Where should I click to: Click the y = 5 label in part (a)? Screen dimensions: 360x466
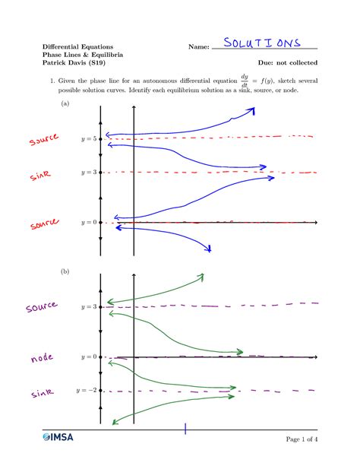pos(88,139)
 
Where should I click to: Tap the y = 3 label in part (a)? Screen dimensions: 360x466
pos(88,173)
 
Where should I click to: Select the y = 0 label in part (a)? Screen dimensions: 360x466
pos(88,223)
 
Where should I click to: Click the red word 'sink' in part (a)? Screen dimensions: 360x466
pos(40,176)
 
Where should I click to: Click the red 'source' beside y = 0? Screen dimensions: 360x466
pos(45,224)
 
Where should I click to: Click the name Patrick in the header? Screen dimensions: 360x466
pos(55,62)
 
